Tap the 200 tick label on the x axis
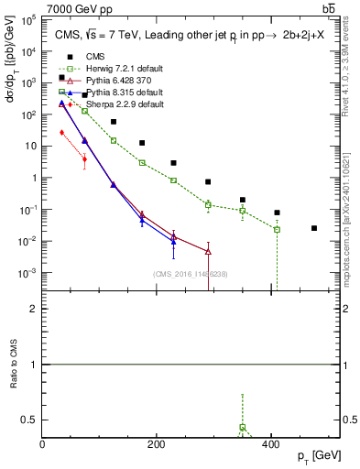pos(157,445)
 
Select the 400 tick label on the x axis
pos(270,445)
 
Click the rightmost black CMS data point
pos(314,228)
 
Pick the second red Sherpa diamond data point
pos(84,159)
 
